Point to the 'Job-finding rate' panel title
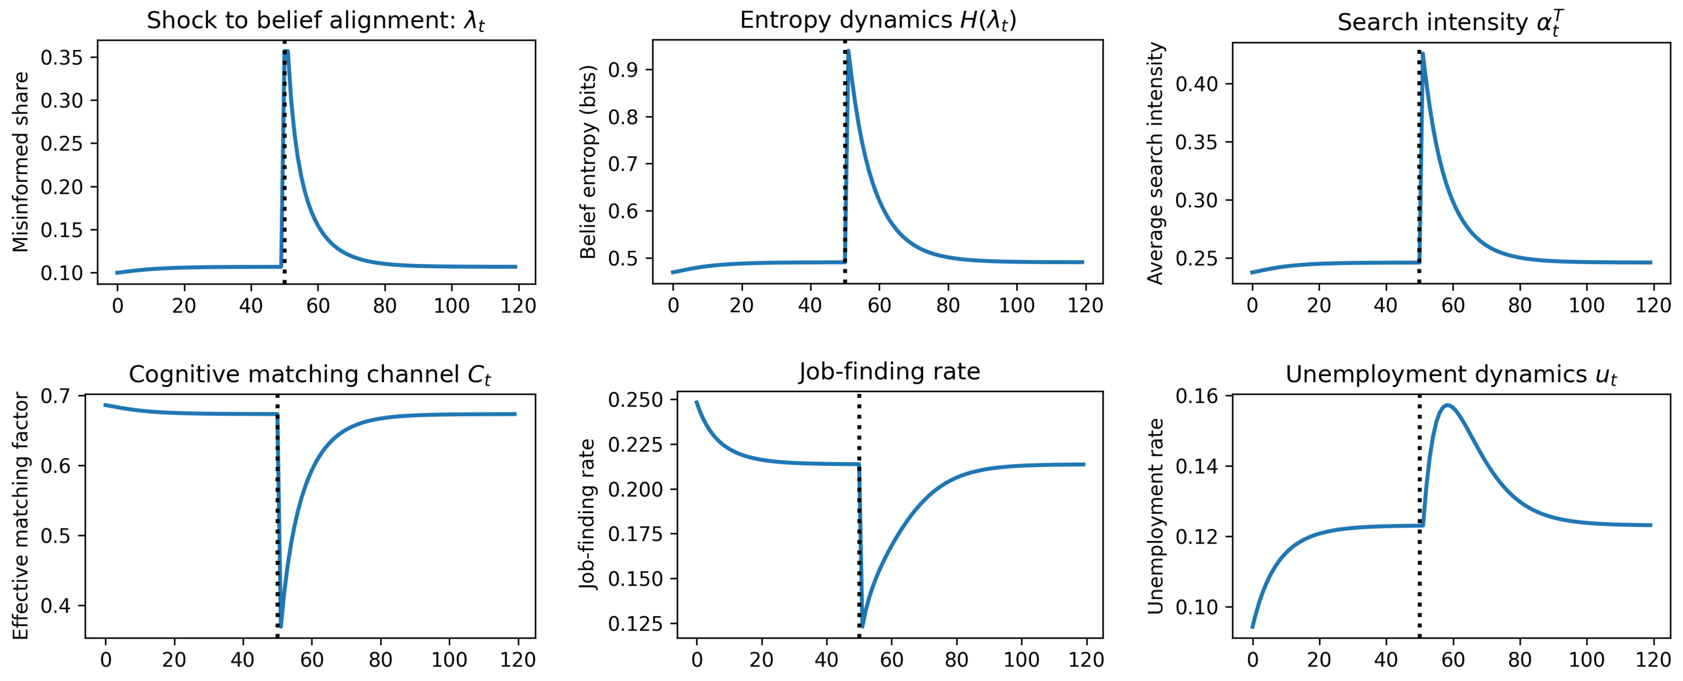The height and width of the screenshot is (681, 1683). point(889,372)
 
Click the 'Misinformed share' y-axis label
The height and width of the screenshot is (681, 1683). point(21,162)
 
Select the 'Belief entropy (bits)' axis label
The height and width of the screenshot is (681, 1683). point(588,162)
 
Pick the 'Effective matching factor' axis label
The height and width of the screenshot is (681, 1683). point(21,516)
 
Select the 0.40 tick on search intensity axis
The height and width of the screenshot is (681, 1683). point(1196,84)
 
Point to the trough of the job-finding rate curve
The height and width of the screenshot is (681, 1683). point(862,626)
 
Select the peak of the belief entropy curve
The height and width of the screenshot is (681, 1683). point(848,50)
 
